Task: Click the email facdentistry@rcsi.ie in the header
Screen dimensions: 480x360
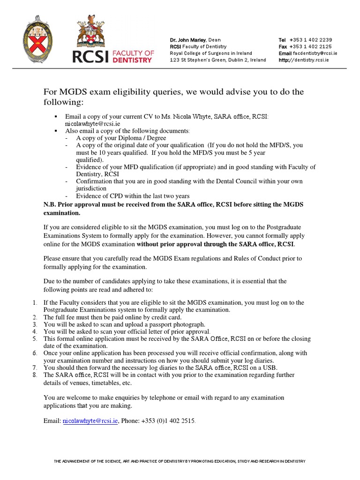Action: tap(315, 53)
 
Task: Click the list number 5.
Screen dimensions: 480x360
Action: tap(35, 338)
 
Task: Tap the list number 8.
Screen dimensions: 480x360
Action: tap(35, 375)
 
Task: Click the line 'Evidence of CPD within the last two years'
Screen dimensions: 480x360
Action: tap(133, 196)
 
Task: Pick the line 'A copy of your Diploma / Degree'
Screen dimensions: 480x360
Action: tap(121, 138)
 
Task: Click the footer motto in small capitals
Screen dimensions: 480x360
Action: tap(180, 461)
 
